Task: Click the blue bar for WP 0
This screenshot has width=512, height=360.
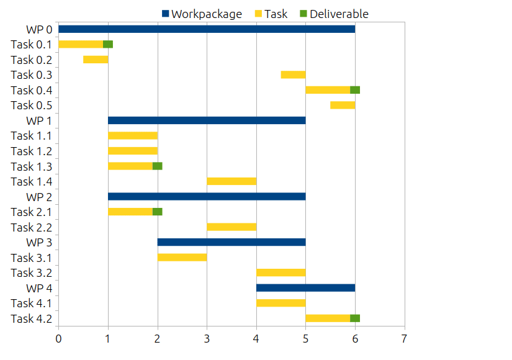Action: click(207, 29)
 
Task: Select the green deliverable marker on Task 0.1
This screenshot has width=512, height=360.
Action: click(108, 44)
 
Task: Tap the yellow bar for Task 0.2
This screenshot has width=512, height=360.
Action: click(96, 60)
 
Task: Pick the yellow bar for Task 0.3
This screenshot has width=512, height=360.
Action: click(293, 74)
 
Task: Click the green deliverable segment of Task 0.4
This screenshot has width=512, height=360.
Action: click(355, 90)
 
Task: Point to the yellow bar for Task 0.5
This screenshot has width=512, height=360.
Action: click(343, 105)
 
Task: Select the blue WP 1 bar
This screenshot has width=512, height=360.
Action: click(207, 120)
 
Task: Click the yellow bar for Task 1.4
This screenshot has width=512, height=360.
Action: click(231, 181)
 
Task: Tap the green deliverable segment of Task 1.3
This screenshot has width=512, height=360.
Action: click(158, 166)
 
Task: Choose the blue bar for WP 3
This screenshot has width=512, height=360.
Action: click(231, 242)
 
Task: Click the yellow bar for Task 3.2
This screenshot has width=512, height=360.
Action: click(281, 272)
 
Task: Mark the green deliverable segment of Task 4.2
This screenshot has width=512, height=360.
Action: click(355, 318)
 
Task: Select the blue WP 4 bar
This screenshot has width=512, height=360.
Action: click(305, 288)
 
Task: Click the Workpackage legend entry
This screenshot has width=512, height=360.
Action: click(202, 14)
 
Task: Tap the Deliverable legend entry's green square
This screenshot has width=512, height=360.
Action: click(303, 14)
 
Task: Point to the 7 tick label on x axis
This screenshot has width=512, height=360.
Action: click(405, 339)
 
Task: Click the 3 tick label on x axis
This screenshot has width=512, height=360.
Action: click(207, 339)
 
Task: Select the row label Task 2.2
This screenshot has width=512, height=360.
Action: click(31, 227)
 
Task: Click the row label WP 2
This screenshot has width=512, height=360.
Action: click(38, 197)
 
